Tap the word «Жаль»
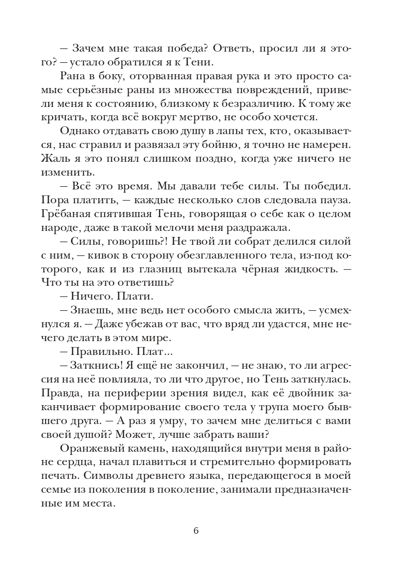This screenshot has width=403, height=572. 55,159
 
